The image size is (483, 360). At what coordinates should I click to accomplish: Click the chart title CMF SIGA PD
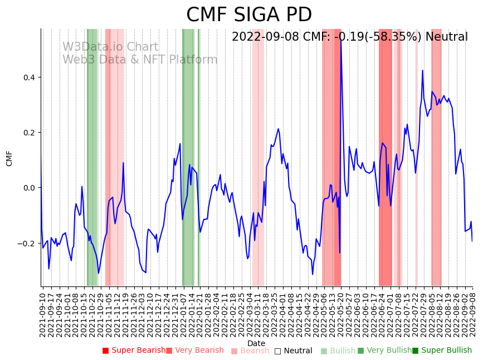248,14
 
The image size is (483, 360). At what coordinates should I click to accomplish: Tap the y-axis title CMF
9,158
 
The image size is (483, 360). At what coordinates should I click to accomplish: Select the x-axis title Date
256,343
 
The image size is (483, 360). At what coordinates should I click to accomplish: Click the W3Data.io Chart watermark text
110,47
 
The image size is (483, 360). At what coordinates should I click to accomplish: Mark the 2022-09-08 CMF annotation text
349,37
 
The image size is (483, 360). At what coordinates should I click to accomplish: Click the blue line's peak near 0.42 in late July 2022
422,71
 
